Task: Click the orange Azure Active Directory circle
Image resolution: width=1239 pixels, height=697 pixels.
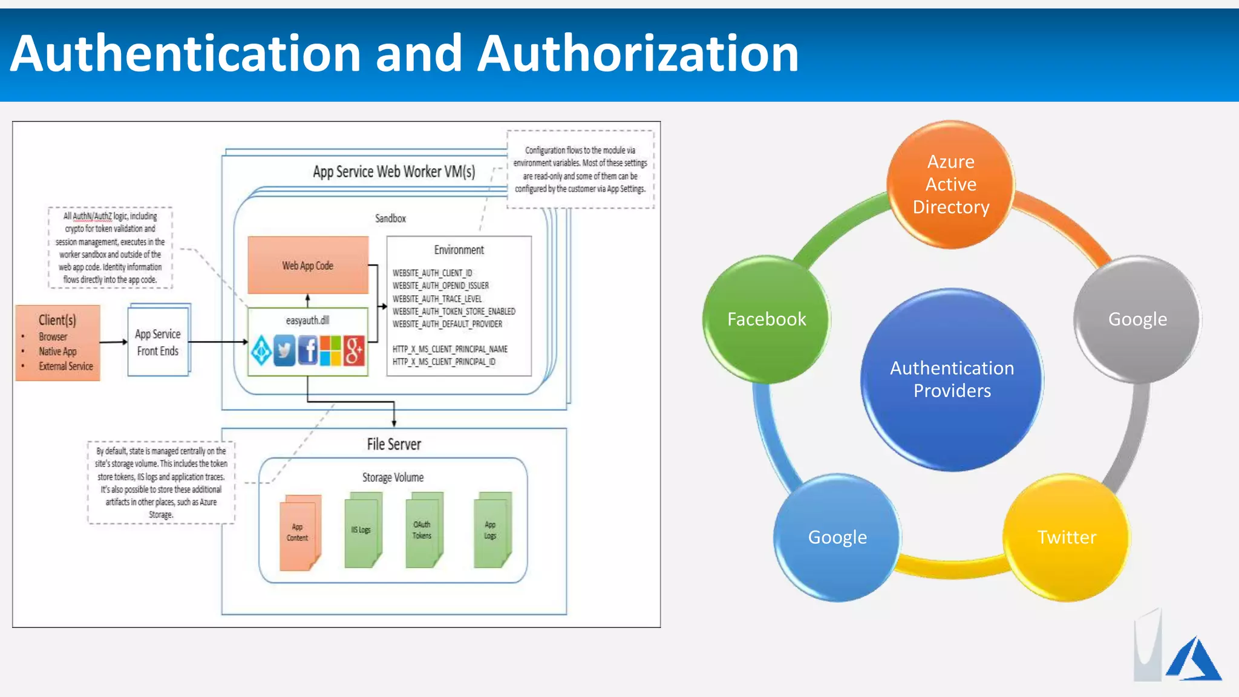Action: point(950,185)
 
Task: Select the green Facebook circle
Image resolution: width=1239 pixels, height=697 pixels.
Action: point(767,319)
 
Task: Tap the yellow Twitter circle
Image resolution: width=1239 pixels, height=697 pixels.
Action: point(1067,537)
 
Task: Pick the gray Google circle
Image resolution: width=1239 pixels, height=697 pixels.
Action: point(1137,319)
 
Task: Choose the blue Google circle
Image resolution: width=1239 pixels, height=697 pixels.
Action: point(837,537)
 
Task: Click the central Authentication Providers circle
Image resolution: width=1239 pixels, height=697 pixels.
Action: point(952,379)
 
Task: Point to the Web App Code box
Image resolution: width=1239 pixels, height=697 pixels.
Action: point(308,266)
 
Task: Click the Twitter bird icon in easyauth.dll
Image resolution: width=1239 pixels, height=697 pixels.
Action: point(284,350)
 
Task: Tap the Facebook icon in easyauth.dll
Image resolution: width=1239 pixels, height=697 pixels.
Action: point(308,350)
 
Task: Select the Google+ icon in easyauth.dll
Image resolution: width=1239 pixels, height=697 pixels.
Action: point(355,350)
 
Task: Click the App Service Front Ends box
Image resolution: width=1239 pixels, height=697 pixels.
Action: point(159,342)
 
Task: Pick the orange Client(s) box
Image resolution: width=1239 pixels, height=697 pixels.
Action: point(58,342)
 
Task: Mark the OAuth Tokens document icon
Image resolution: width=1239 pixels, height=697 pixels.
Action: point(423,531)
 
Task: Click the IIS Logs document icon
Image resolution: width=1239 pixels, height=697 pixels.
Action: point(362,531)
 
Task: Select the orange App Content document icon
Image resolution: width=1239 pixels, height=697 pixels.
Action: point(299,533)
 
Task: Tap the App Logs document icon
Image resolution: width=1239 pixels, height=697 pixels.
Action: point(491,531)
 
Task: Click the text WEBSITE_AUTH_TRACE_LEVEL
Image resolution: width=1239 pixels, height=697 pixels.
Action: point(437,299)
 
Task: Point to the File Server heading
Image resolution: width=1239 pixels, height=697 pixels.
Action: point(394,445)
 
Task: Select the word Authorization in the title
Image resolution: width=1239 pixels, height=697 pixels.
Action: point(638,54)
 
